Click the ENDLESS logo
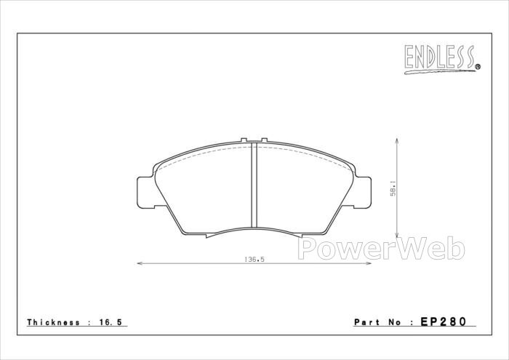click(x=442, y=60)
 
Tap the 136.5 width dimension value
click(x=254, y=260)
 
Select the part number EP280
click(x=444, y=321)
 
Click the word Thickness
click(x=53, y=322)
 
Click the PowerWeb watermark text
click(x=382, y=248)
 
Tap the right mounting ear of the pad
click(x=362, y=192)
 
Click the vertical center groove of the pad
click(x=254, y=185)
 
